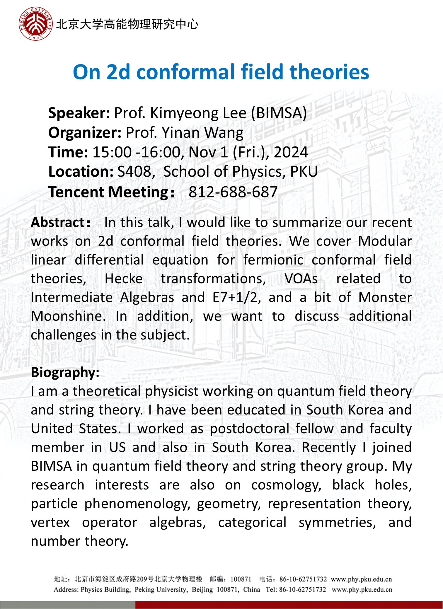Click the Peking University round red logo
(x=36, y=24)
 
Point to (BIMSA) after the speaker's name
(x=279, y=113)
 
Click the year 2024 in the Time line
(x=291, y=152)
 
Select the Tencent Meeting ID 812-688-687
(x=233, y=192)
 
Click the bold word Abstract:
(x=61, y=223)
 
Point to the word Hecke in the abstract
(x=124, y=279)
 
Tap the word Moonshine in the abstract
(x=68, y=316)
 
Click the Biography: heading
(x=65, y=373)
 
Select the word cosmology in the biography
(x=286, y=485)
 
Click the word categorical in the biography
(x=252, y=523)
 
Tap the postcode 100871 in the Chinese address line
(x=241, y=579)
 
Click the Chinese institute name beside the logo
(x=127, y=24)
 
